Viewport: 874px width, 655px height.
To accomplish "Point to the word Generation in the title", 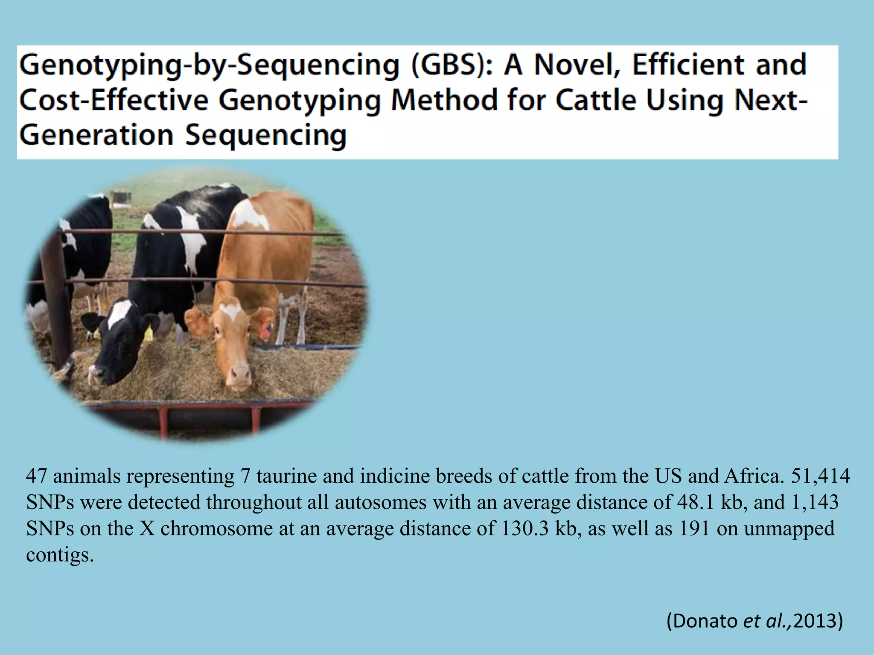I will click(96, 135).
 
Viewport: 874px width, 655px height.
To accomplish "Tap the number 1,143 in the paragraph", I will click(815, 502).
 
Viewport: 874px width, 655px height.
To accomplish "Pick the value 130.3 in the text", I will click(524, 529).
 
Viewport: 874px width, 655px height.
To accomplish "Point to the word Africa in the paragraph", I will click(754, 476).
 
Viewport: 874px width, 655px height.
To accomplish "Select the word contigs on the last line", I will click(60, 555).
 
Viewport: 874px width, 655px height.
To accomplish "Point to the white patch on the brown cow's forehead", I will click(231, 310).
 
